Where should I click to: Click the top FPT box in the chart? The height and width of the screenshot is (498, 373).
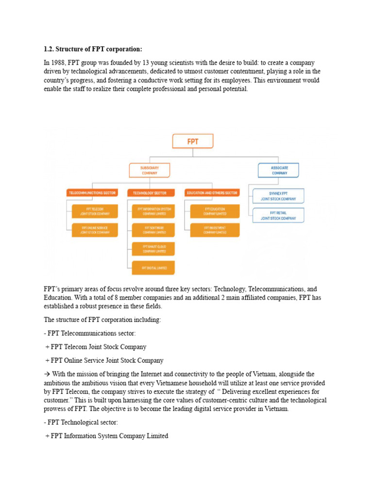pos(193,142)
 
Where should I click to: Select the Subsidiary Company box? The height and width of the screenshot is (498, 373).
pos(149,170)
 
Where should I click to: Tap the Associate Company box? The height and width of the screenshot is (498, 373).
pos(279,170)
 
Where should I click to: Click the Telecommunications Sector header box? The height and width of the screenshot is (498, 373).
pos(92,193)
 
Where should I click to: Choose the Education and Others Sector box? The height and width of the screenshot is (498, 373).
pos(213,193)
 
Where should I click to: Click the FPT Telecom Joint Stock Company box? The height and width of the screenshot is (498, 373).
pos(95,211)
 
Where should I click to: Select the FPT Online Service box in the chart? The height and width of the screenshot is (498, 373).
pos(95,230)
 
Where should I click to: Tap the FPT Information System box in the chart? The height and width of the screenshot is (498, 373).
pos(154,211)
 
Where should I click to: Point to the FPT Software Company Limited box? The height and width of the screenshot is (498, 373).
pos(154,230)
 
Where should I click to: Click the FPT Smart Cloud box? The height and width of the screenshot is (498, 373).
pos(154,249)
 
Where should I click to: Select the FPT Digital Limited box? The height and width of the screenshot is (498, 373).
pos(154,268)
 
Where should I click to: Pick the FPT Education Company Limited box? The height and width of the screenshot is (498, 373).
pos(215,211)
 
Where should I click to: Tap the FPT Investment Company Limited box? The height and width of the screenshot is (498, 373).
pos(215,230)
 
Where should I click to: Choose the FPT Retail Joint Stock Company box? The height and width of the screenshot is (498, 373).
pos(278,215)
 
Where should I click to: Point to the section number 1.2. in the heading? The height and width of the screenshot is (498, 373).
pos(50,50)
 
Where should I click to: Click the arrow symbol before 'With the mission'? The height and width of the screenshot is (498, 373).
pos(47,374)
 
